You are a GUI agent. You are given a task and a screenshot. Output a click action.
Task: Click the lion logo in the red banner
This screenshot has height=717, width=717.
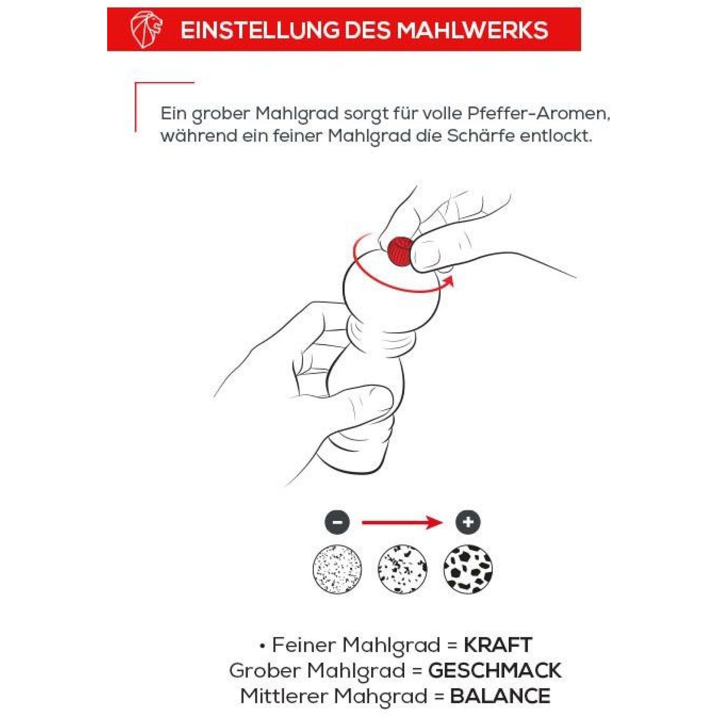coord(146,30)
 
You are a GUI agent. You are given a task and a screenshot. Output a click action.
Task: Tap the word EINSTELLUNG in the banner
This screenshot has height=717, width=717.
coord(260,30)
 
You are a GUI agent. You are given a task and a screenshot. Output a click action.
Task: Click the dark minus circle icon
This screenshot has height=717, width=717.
coord(337,522)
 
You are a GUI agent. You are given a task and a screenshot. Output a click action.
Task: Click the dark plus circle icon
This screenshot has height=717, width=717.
coord(468,522)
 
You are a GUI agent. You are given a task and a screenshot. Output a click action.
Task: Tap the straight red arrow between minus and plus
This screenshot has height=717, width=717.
coord(402,522)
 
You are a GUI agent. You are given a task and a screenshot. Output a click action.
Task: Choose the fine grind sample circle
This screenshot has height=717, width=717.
coord(337,569)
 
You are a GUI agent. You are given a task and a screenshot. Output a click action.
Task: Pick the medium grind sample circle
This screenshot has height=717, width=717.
coord(402,569)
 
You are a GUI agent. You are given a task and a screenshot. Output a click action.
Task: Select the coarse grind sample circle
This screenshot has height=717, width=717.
coord(468,569)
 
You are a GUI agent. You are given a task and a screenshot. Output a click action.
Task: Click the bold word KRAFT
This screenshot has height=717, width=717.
coord(498,645)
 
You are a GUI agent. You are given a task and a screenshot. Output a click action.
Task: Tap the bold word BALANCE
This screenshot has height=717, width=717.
coord(500,696)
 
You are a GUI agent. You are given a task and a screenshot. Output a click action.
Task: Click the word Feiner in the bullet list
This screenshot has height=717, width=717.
coord(303,645)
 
